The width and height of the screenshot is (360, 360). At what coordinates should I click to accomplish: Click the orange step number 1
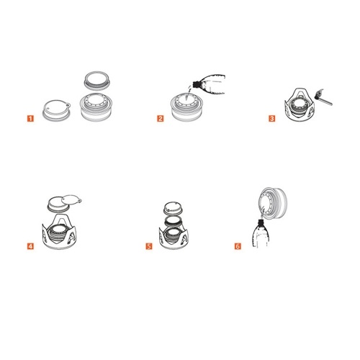pyautogui.click(x=30, y=118)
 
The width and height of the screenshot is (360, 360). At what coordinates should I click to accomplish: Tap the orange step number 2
pyautogui.click(x=161, y=118)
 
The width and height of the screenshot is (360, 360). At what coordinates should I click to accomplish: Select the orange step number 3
pyautogui.click(x=271, y=118)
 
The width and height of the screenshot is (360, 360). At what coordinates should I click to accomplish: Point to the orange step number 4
pyautogui.click(x=30, y=246)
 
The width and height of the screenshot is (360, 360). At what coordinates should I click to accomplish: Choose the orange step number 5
pyautogui.click(x=149, y=246)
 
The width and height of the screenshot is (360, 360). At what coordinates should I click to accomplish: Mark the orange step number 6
pyautogui.click(x=238, y=246)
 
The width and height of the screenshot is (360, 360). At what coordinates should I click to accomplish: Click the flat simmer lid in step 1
pyautogui.click(x=57, y=110)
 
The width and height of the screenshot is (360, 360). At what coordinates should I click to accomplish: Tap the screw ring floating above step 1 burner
pyautogui.click(x=97, y=80)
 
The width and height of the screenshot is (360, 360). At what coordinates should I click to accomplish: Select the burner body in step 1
pyautogui.click(x=98, y=107)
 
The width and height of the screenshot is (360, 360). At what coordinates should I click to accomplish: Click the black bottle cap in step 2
pyautogui.click(x=197, y=84)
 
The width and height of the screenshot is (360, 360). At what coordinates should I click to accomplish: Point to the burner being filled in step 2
pyautogui.click(x=187, y=107)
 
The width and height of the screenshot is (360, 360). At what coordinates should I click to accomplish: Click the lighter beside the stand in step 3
pyautogui.click(x=323, y=97)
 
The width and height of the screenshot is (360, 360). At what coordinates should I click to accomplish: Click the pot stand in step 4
pyautogui.click(x=60, y=232)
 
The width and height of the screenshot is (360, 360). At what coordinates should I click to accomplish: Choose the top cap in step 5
pyautogui.click(x=173, y=208)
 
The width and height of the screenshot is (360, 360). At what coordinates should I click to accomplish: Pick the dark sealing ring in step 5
pyautogui.click(x=173, y=221)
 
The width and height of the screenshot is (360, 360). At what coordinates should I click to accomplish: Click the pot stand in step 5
pyautogui.click(x=174, y=237)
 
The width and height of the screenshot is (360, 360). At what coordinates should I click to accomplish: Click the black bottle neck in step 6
pyautogui.click(x=261, y=221)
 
